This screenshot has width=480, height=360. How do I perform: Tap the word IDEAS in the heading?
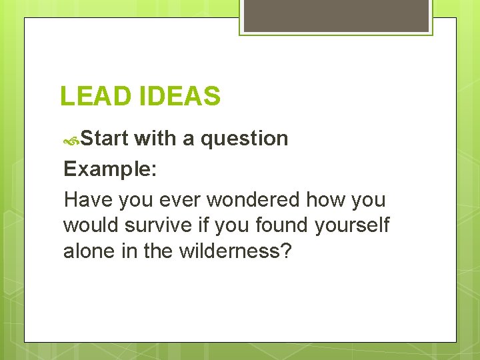coord(180,97)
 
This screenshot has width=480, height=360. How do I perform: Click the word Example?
coord(110,169)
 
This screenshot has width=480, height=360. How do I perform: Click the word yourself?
coord(352,225)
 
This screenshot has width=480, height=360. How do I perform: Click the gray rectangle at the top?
coord(336,15)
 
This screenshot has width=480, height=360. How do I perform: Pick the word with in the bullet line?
coord(155,139)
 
